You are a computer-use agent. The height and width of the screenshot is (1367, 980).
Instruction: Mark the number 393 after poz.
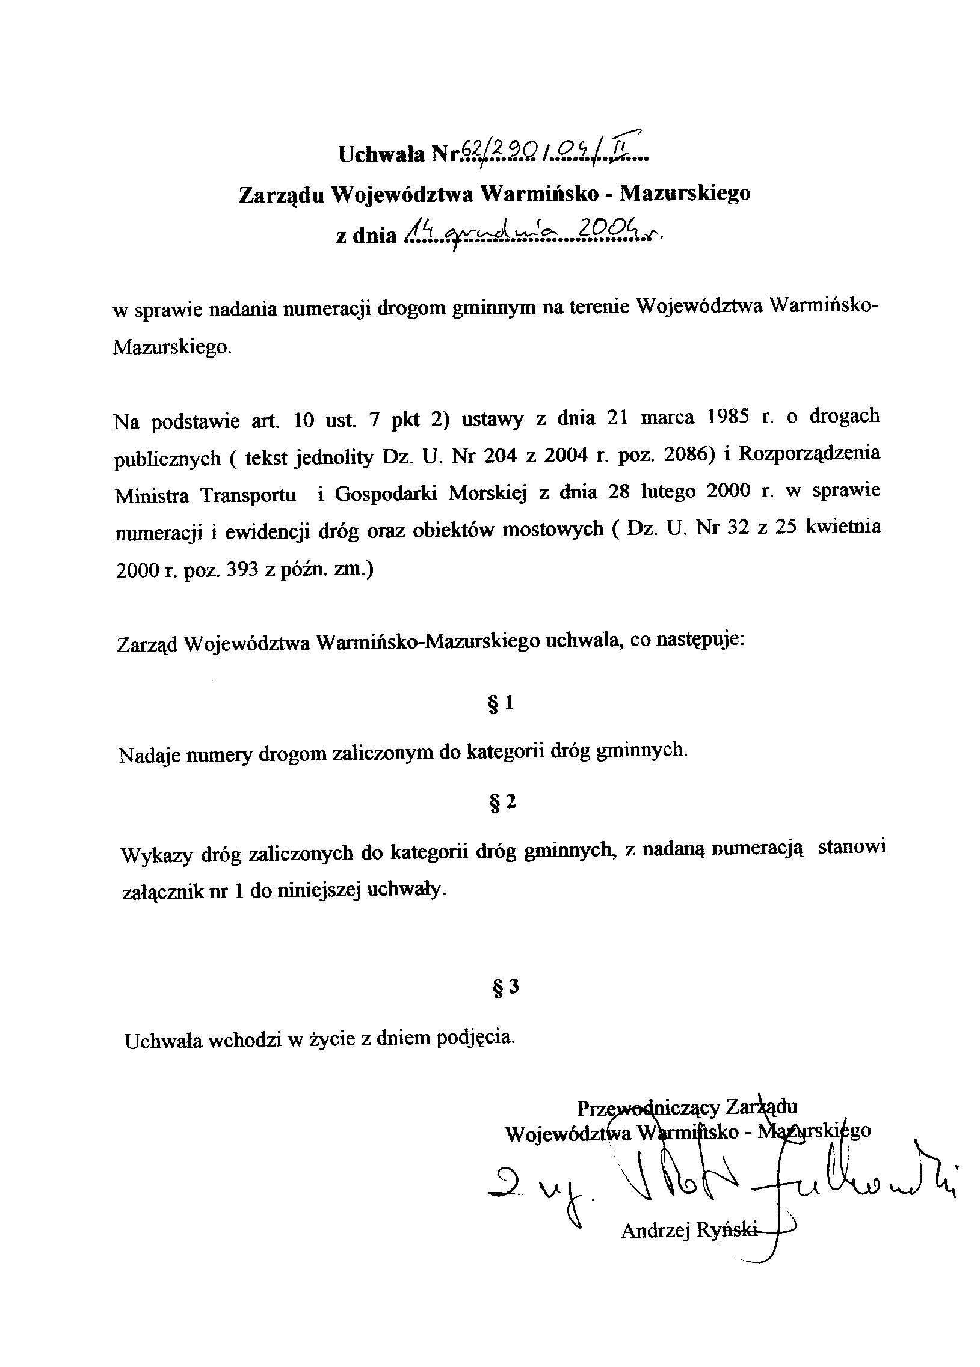click(x=242, y=570)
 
